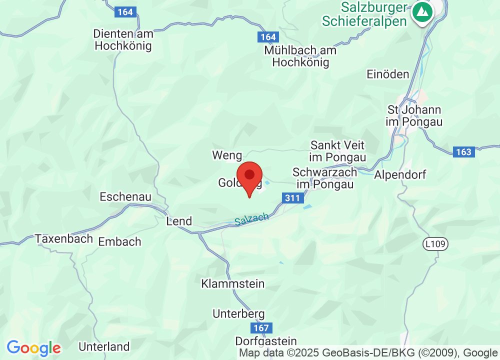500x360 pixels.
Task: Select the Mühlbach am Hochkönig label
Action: click(300, 56)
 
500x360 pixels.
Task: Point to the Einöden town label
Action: click(387, 74)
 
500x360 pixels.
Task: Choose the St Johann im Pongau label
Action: click(414, 115)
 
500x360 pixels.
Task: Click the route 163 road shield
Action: click(463, 152)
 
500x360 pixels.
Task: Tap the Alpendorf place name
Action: click(400, 175)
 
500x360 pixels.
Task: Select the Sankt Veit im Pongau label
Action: click(337, 151)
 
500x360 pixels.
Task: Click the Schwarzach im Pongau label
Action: click(325, 178)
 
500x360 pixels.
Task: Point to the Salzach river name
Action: click(252, 219)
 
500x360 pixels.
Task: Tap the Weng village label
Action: click(227, 155)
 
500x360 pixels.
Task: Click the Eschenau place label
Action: click(125, 196)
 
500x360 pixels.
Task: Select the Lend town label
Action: click(178, 221)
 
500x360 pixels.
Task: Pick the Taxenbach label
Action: click(64, 238)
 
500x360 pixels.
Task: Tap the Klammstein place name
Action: click(232, 284)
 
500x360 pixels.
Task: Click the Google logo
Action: click(33, 347)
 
